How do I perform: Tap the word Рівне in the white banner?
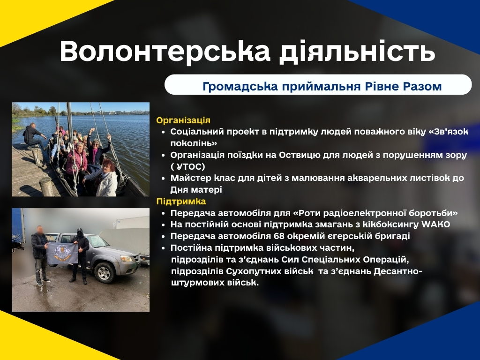click(382, 86)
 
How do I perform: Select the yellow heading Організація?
click(183, 120)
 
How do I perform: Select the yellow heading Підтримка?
click(181, 202)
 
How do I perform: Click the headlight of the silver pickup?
click(126, 259)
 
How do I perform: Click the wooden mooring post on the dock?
click(47, 187)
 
